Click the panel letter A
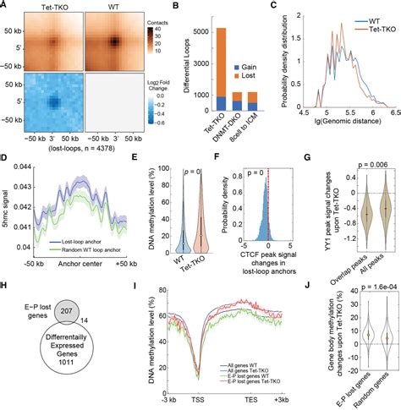[5, 6]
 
